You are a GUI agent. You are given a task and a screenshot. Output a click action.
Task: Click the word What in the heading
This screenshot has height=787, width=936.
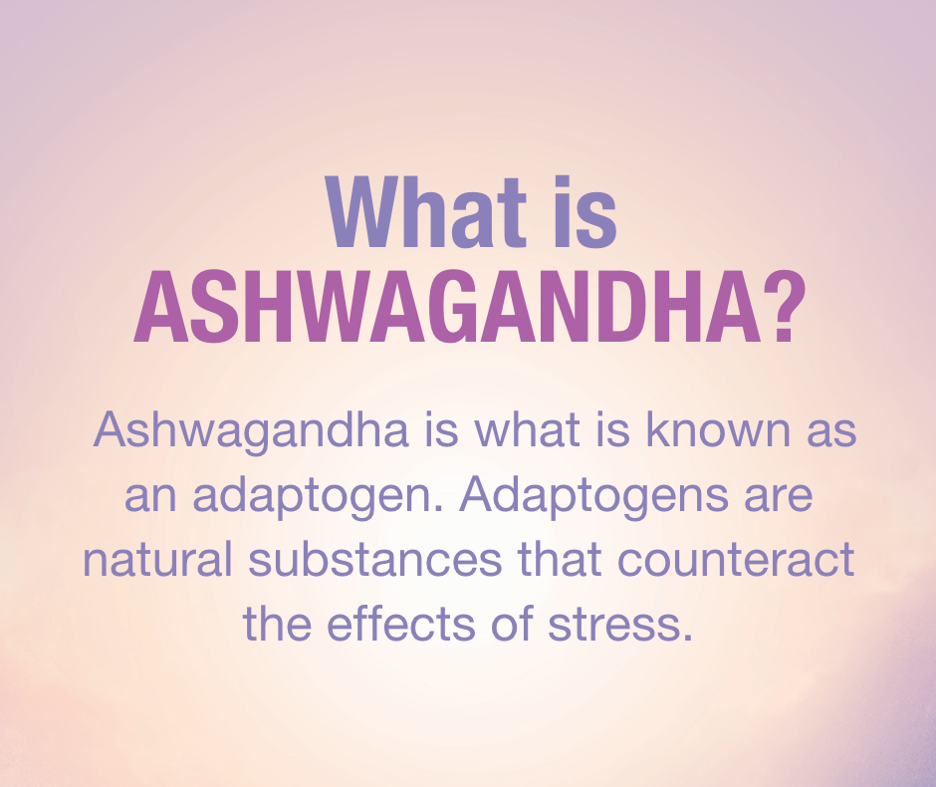click(425, 212)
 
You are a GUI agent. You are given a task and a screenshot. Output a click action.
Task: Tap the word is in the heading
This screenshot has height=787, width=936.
click(585, 212)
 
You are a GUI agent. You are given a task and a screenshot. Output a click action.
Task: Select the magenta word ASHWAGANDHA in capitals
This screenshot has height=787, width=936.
click(448, 307)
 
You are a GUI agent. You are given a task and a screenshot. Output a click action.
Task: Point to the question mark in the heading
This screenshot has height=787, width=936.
click(785, 307)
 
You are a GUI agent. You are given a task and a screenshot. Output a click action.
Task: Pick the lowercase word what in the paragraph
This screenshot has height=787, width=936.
click(528, 429)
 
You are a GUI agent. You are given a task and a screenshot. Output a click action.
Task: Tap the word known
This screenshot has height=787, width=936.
click(719, 429)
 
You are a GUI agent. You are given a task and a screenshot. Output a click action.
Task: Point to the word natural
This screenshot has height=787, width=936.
click(157, 559)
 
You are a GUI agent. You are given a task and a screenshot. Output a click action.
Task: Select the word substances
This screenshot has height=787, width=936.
click(374, 559)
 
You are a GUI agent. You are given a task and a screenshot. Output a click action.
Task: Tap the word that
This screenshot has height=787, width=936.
click(560, 559)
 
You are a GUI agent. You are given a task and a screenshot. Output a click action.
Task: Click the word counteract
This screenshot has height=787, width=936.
click(736, 561)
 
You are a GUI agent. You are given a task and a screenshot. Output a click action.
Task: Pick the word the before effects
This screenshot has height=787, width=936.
click(277, 624)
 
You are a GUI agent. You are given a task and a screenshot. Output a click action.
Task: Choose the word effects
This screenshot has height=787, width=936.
click(401, 624)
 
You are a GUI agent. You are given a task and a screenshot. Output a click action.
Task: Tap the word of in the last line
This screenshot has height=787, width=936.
click(512, 624)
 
